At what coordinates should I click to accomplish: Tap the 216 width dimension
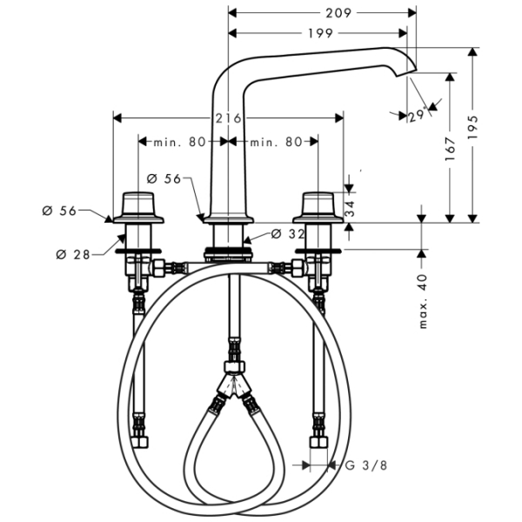[228, 118]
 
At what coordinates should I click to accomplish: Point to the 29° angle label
[416, 114]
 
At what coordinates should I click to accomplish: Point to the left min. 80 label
[179, 141]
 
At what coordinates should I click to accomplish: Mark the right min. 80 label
[277, 141]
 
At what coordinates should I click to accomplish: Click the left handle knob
[137, 205]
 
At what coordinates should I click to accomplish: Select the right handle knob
[318, 205]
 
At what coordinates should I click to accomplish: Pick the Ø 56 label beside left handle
[59, 211]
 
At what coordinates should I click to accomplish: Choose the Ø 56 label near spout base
[164, 177]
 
